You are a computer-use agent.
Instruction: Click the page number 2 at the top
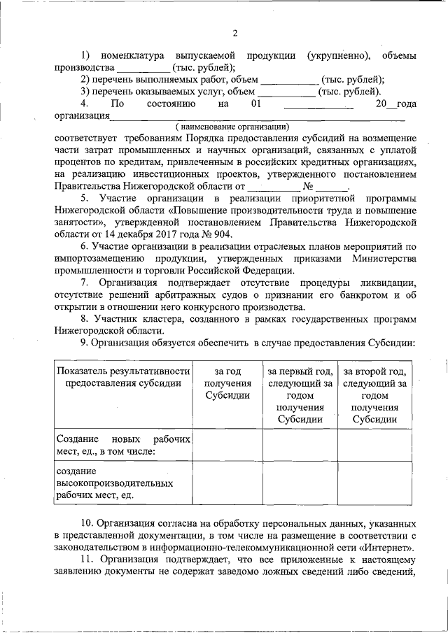235,33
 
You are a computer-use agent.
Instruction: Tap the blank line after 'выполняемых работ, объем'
288,80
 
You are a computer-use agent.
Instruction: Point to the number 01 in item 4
255,104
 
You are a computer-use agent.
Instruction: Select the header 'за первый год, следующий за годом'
300,395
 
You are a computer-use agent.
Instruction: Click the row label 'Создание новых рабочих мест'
122,444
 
